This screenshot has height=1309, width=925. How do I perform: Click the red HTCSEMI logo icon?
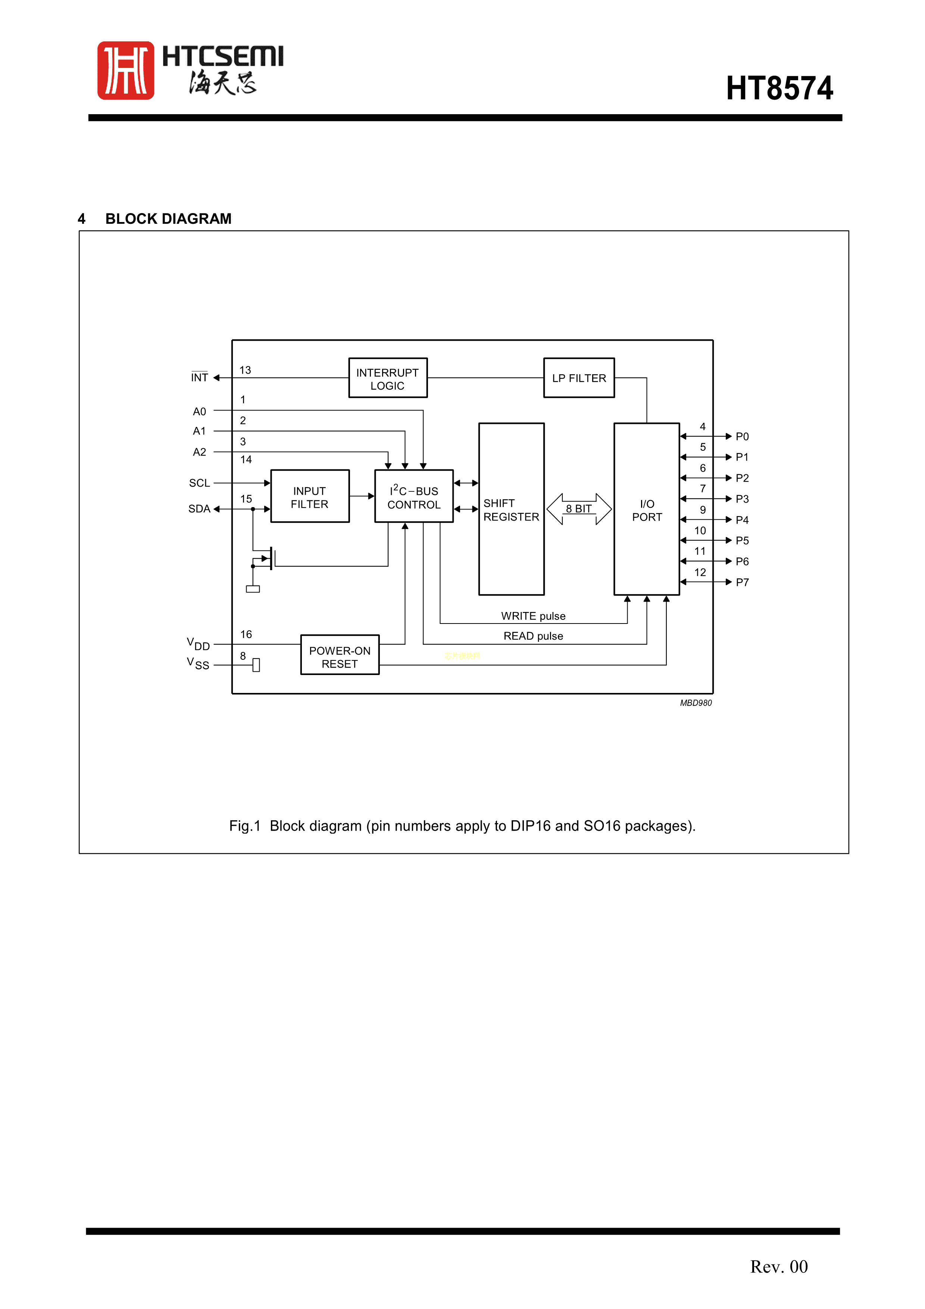point(125,70)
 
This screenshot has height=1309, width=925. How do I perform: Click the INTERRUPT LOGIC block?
point(388,378)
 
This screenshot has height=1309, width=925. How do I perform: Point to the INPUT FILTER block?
point(309,497)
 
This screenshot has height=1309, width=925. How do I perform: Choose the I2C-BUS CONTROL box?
point(414,497)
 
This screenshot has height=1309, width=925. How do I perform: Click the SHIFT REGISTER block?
point(511,509)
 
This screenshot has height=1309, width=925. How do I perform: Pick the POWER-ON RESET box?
point(340,656)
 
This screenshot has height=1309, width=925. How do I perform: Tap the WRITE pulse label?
point(533,616)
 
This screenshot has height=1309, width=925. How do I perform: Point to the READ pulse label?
point(533,636)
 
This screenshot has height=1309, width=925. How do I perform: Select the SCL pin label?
point(200,483)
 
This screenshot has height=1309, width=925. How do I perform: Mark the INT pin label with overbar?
point(200,377)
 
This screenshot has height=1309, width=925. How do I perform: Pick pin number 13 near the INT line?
point(245,370)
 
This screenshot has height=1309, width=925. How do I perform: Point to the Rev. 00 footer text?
point(778,1266)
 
